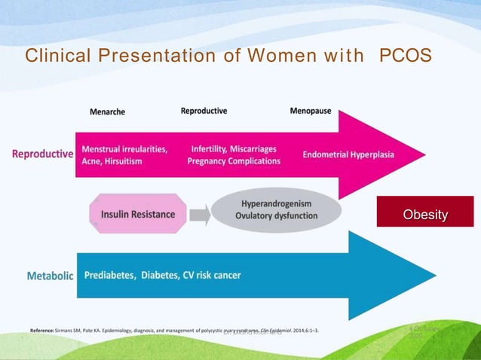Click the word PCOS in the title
point(405,56)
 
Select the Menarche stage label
point(107,111)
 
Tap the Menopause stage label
point(310,111)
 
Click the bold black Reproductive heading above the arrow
point(204,111)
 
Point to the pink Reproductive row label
point(42,154)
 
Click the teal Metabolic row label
point(50,276)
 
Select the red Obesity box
point(425,215)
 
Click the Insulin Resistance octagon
point(137,215)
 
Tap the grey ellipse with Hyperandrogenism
point(276,210)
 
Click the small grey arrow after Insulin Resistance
point(199,215)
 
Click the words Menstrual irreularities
point(124,149)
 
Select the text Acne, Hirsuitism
point(112,161)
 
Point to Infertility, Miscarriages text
point(234,149)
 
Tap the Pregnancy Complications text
point(234,161)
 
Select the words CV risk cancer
point(212,276)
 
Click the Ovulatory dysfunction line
point(276,216)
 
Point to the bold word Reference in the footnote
point(41,331)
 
